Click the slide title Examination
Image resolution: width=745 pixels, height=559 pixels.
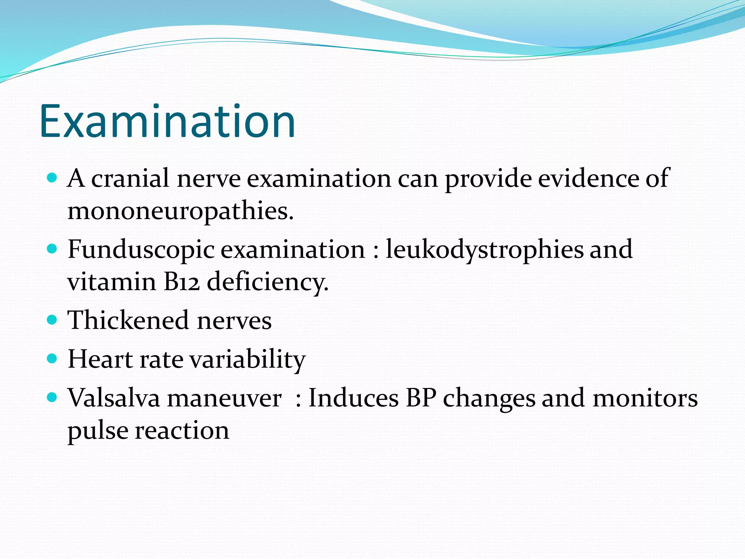[167, 121]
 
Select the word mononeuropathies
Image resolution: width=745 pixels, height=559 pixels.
[180, 211]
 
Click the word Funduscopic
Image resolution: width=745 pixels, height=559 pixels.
[141, 250]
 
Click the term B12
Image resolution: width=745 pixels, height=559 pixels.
[182, 282]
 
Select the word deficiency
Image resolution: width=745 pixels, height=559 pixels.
[267, 282]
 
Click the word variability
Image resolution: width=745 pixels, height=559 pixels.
[247, 360]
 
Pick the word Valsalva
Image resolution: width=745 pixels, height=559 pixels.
[114, 398]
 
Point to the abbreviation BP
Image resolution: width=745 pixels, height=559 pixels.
[421, 398]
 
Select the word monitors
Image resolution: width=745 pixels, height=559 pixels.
[645, 398]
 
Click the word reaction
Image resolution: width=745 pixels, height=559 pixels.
[182, 431]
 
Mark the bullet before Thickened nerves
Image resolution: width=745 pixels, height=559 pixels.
[52, 320]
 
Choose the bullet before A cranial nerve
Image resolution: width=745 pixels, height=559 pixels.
[52, 178]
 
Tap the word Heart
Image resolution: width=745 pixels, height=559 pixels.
[100, 360]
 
